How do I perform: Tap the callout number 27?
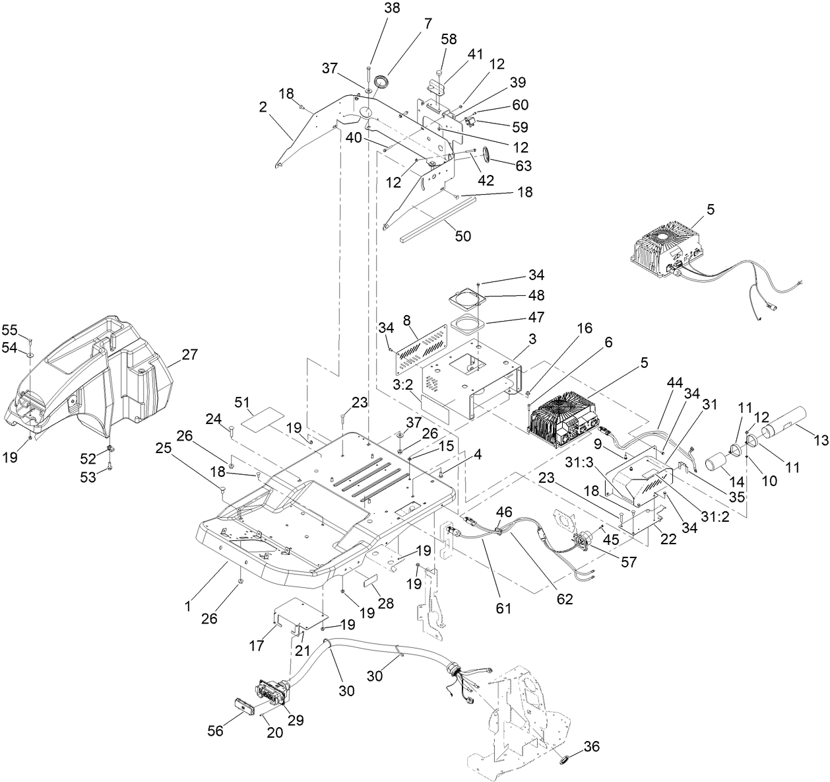pyautogui.click(x=189, y=355)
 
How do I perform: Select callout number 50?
pyautogui.click(x=463, y=236)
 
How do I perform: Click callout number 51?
pyautogui.click(x=243, y=402)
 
